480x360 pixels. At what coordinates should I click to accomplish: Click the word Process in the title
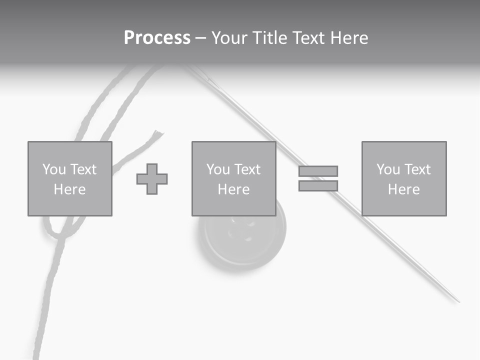point(157,38)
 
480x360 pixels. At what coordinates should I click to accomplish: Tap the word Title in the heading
point(270,38)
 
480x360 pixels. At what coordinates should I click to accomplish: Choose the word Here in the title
point(350,38)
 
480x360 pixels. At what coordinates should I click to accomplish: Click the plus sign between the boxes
point(152,179)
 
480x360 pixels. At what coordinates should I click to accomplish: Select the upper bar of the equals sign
point(318,171)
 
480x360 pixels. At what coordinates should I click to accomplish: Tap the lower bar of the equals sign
point(318,185)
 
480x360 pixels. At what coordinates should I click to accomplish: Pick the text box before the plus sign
point(70,179)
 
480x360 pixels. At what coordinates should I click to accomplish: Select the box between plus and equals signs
point(233,179)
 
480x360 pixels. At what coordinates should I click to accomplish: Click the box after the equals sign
point(404,179)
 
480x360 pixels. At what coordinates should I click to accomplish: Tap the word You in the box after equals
point(388,169)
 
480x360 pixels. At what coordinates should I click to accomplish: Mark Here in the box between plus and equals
point(233,189)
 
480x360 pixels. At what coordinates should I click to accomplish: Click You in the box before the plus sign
point(54,169)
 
